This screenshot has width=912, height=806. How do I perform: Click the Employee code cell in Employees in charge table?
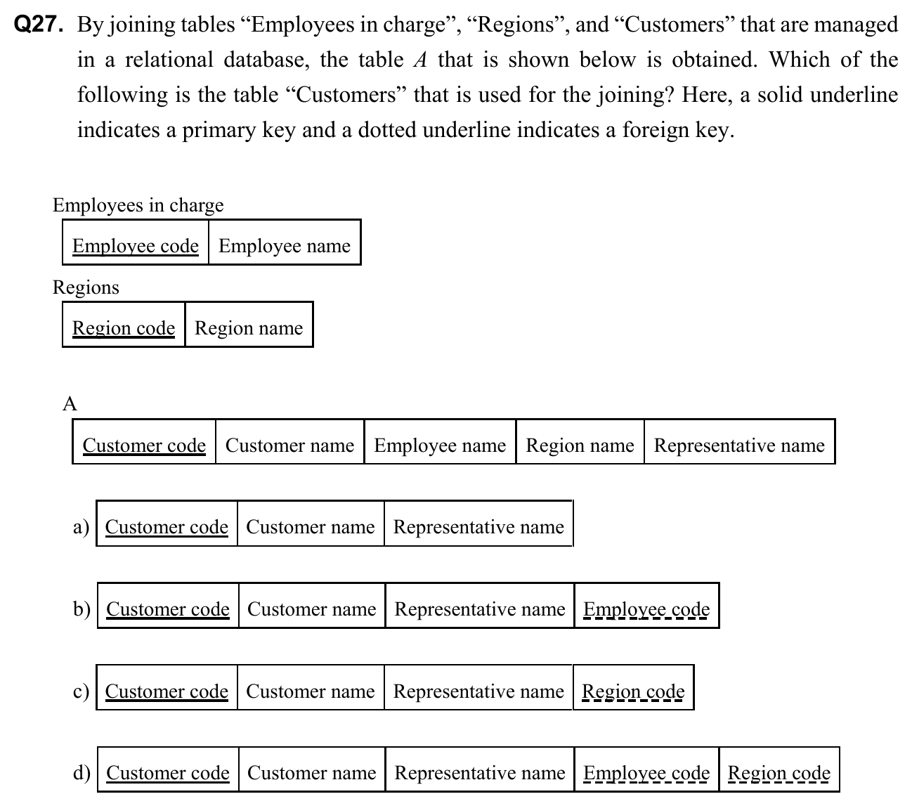coord(136,245)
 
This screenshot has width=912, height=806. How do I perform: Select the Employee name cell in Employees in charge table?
coord(285,245)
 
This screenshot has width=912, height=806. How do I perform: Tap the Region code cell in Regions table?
coord(124,327)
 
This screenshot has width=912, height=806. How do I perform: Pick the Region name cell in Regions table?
coord(249,327)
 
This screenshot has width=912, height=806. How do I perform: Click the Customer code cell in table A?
coord(144,445)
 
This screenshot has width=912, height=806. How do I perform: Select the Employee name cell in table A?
coord(440,445)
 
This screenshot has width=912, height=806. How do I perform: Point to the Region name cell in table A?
coord(580,445)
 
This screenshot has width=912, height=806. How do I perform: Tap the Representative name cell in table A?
coord(739,445)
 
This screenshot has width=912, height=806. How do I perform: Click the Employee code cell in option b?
coord(646,609)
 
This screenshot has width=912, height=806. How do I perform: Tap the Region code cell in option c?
coord(633,691)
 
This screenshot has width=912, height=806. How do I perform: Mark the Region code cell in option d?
coord(779,772)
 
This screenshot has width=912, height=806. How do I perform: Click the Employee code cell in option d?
coord(646,772)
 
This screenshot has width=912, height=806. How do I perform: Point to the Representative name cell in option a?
coord(478,527)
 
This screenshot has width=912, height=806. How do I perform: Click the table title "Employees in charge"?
coord(138,204)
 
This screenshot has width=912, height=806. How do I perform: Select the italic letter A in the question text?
coord(420,60)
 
